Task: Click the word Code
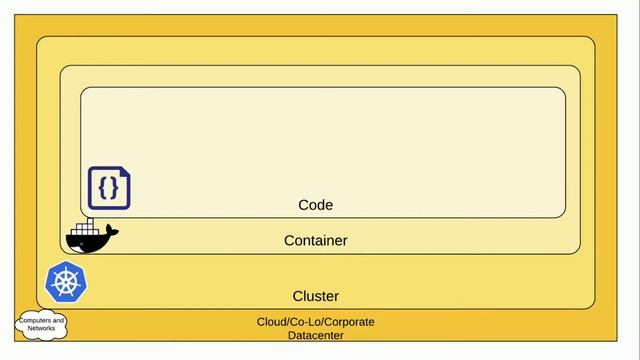pos(315,205)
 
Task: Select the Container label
pos(315,241)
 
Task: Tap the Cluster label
pos(315,296)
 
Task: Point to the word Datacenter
pos(315,336)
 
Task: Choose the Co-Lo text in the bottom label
pos(303,322)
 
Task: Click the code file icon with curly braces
pos(109,188)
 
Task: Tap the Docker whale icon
pos(90,237)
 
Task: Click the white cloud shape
pos(41,324)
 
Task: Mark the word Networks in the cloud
pos(41,328)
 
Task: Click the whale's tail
pos(112,232)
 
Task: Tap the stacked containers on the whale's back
pos(87,227)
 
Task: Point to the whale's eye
pos(75,239)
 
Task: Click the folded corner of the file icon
pos(125,172)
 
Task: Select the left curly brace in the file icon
pos(103,188)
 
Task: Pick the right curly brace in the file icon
pos(115,188)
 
